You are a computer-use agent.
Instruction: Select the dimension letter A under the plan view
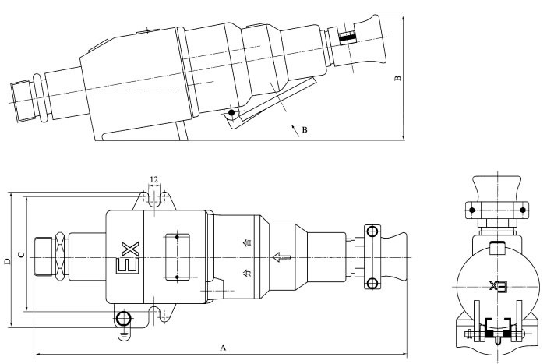[224, 345]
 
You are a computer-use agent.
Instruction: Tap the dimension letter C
[22, 253]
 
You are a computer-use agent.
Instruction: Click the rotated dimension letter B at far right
[397, 78]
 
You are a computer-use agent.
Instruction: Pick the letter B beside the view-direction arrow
[304, 130]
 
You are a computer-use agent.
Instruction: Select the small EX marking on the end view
[497, 285]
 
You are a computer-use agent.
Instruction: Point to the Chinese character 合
[248, 242]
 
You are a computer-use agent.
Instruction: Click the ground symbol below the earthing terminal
[124, 333]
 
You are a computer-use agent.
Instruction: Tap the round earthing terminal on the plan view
[124, 318]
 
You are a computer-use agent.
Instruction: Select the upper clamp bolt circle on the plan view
[372, 231]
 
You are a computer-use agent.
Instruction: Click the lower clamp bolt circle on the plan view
[372, 282]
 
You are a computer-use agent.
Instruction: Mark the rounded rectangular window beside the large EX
[178, 256]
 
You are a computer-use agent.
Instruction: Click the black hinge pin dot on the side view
[231, 114]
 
